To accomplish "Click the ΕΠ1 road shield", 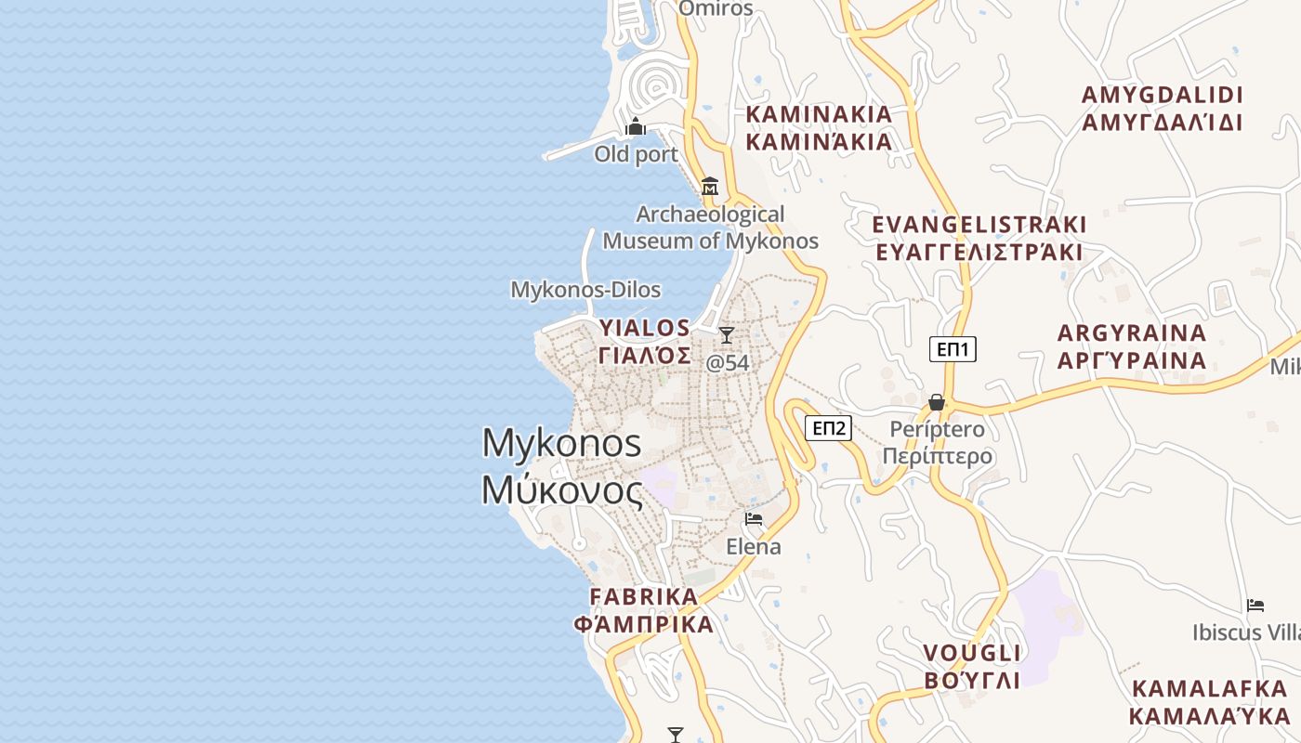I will [x=953, y=349].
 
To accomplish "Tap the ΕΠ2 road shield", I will [x=828, y=428].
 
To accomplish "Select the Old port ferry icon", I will [x=636, y=126].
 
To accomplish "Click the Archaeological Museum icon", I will [x=710, y=186].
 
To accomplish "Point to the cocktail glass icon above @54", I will [x=727, y=335].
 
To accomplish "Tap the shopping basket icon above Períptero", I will [x=936, y=402].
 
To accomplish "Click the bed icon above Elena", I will [x=753, y=518].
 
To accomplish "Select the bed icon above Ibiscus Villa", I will [x=1255, y=606].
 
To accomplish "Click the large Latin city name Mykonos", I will [x=561, y=443].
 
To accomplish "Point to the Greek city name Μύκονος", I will [x=561, y=489].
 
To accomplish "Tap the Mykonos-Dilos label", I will [x=585, y=290].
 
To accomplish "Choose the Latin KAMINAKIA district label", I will [x=819, y=114].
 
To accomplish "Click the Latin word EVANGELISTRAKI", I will [x=979, y=225].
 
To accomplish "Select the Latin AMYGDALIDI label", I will [x=1162, y=95].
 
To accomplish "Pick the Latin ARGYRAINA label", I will [x=1132, y=332].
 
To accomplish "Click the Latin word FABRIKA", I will [x=643, y=596].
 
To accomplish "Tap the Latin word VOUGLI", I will [x=972, y=652].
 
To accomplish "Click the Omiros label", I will [x=716, y=8].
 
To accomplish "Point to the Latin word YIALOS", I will [x=645, y=328].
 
